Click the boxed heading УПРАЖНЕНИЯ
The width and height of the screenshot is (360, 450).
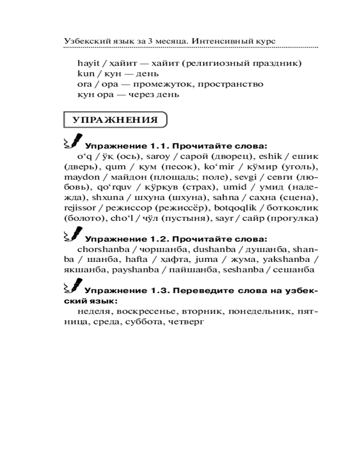pos(115,120)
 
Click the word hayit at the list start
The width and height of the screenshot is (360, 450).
pos(87,63)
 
